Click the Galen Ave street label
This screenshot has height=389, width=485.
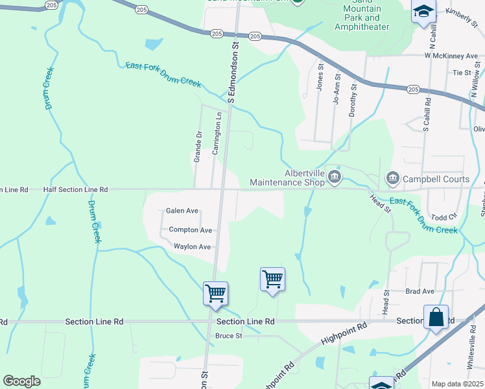coord(182,211)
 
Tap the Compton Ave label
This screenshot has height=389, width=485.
coord(190,230)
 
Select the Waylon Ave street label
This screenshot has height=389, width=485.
coord(192,247)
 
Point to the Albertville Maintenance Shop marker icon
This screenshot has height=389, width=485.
coord(334,177)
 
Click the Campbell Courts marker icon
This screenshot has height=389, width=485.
coord(392,178)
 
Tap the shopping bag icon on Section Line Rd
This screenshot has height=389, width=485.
coord(436,317)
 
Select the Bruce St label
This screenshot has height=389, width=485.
coord(228,336)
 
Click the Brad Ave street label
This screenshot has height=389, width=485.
coord(420,292)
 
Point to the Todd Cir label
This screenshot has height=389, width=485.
coord(444,217)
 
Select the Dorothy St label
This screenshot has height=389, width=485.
coord(353,100)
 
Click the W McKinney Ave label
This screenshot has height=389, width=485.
coord(451,56)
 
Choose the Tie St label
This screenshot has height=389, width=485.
coord(462,73)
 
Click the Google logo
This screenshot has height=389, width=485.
coord(21,381)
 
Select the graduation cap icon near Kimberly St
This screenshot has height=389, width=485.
coord(424,12)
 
